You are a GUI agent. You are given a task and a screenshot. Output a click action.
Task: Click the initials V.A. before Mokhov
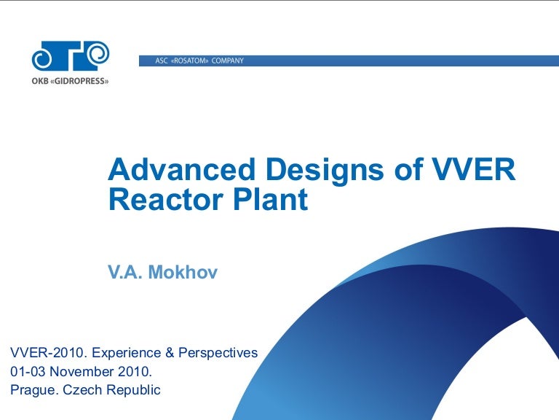(125, 273)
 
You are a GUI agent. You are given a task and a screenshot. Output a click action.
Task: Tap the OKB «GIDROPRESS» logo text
(70, 81)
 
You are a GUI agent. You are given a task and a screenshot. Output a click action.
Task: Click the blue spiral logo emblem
(70, 55)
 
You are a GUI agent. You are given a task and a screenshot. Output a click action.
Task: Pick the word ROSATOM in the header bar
(189, 61)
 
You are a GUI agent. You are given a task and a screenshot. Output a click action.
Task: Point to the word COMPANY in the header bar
(228, 61)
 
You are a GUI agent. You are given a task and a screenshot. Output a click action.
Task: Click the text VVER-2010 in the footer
(44, 353)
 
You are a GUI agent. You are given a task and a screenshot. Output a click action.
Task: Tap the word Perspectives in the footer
(218, 354)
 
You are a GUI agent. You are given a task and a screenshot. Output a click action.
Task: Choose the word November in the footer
(80, 372)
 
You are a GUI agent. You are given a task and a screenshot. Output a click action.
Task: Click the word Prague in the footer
(33, 391)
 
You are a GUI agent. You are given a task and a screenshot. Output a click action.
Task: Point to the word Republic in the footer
(133, 391)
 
